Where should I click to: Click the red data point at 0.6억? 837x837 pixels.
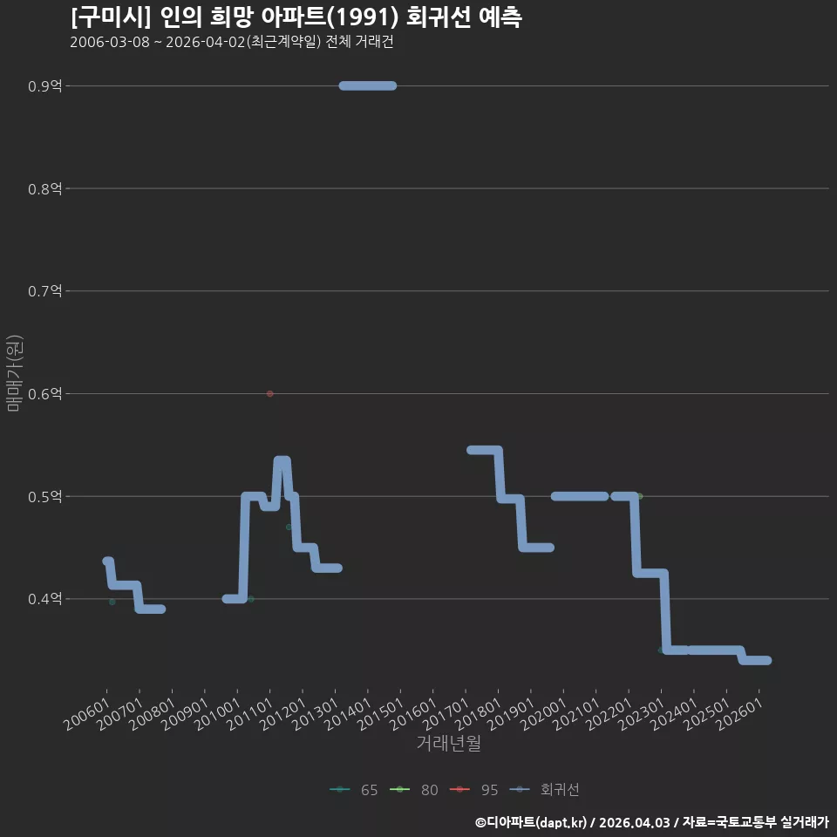click(269, 393)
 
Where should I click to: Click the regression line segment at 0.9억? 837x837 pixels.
click(368, 85)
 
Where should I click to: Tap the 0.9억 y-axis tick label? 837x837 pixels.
click(44, 86)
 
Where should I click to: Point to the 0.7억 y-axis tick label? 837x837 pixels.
click(44, 291)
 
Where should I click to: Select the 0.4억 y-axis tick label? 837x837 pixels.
click(44, 599)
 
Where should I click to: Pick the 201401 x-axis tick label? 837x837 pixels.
click(349, 714)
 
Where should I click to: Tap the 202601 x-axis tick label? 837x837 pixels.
click(740, 714)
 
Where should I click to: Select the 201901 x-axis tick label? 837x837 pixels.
click(513, 714)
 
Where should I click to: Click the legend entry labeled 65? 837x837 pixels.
click(354, 790)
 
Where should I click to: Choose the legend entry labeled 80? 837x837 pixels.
click(414, 790)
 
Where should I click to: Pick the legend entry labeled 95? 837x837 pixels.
click(474, 790)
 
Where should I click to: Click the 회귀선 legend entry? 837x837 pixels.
click(544, 790)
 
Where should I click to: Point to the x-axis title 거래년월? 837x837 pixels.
click(448, 743)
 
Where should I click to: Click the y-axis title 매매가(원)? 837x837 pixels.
click(15, 373)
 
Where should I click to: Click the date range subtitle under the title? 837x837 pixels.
click(232, 42)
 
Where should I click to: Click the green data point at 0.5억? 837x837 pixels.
click(639, 496)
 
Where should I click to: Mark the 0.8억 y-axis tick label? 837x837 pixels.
click(44, 188)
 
